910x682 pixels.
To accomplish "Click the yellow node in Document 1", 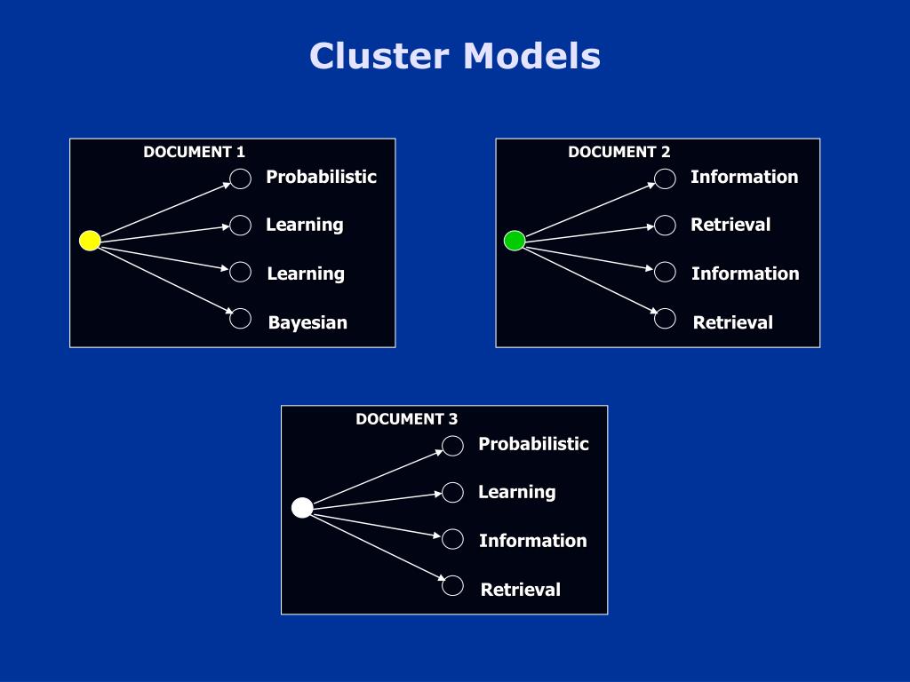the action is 90,240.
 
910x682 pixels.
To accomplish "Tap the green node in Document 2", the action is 515,240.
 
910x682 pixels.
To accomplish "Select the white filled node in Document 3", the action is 302,507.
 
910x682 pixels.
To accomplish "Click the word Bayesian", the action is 307,322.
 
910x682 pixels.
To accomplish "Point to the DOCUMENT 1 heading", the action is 195,152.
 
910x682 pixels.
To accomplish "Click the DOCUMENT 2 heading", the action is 619,152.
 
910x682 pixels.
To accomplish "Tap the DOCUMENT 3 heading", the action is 407,419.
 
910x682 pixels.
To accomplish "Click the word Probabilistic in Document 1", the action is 322,177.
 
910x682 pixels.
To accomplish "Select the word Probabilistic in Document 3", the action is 534,444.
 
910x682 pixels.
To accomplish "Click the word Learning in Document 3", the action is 517,492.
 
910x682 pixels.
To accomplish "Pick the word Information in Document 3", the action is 533,541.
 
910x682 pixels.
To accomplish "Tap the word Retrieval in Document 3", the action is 521,590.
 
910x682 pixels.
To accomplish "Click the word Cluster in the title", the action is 379,56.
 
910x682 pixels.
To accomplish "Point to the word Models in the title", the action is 531,56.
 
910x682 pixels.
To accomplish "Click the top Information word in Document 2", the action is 745,177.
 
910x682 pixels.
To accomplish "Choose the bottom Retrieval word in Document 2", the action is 733,322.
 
